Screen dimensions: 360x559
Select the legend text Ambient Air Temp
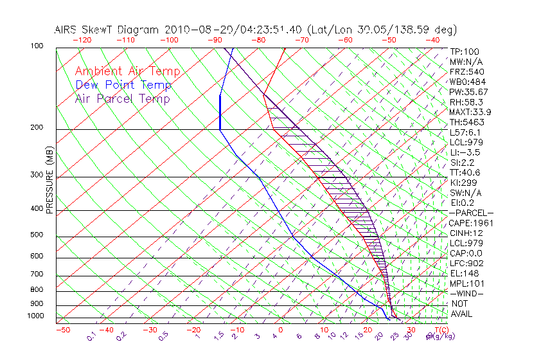point(127,72)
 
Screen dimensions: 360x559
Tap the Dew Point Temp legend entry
point(123,85)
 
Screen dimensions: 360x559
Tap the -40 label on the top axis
point(432,40)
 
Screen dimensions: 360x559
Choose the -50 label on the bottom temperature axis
point(62,330)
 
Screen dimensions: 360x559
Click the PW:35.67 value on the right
point(468,92)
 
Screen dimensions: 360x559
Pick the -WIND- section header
point(466,294)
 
